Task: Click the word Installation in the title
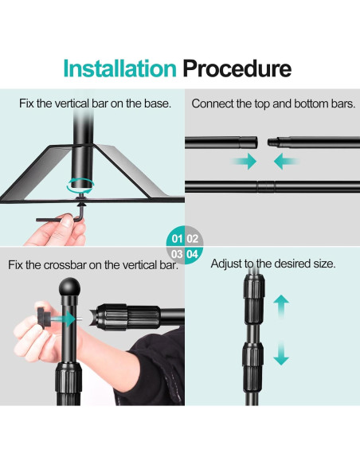tap(119, 68)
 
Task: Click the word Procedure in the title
tap(237, 68)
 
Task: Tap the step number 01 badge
tap(177, 238)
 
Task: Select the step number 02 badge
tap(193, 238)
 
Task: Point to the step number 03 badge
tap(177, 254)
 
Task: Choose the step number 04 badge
tap(193, 254)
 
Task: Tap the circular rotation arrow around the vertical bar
tap(80, 185)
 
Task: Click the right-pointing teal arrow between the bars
tap(244, 162)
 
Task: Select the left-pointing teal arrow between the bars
tap(287, 162)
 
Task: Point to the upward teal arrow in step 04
tap(281, 306)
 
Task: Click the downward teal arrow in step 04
tap(281, 353)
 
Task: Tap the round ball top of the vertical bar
tap(69, 287)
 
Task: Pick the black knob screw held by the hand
tap(45, 318)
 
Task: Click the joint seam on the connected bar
tap(266, 187)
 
